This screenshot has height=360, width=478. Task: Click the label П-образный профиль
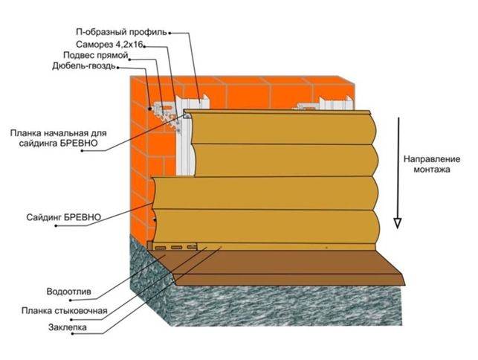pyautogui.click(x=122, y=32)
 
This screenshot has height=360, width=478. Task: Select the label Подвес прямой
pyautogui.click(x=96, y=56)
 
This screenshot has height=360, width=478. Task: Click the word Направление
pyautogui.click(x=427, y=159)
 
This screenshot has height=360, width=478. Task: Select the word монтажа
pyautogui.click(x=427, y=170)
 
